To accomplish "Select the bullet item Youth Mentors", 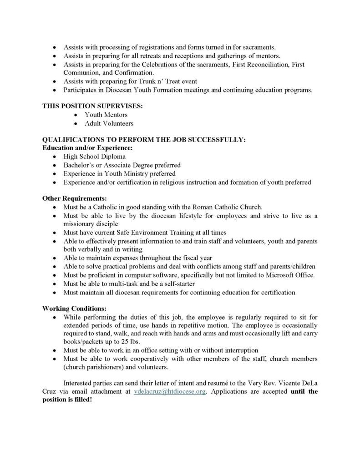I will click(106, 115).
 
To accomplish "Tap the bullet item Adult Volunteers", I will click(109, 123).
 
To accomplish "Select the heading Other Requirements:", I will click(75, 198).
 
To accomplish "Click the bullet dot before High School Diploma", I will click(55, 157).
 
